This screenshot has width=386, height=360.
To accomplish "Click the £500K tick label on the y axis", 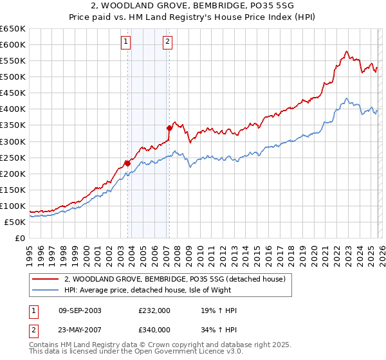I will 13,77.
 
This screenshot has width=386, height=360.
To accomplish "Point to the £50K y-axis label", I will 15,222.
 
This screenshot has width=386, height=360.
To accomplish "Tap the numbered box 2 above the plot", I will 167,42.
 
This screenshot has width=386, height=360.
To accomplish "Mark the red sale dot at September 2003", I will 127,163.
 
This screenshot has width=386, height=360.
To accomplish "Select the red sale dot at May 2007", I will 169,128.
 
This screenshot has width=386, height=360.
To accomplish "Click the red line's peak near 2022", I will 346,51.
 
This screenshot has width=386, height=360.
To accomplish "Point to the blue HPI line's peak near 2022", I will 346,98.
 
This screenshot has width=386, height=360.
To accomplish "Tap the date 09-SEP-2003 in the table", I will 80,310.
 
